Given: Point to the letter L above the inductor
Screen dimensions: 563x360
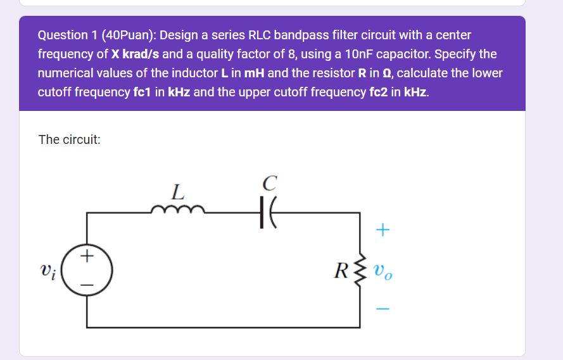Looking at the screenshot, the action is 178,190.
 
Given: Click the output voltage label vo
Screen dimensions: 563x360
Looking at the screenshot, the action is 384,274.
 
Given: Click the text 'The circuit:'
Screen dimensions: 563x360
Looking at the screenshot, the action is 69,139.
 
